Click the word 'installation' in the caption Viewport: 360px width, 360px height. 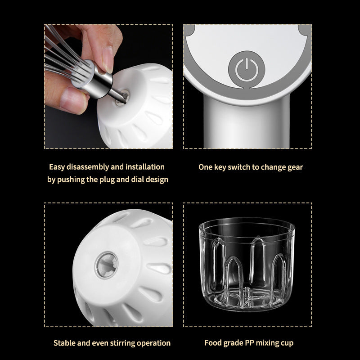[145, 167]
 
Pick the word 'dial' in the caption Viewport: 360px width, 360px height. [141, 180]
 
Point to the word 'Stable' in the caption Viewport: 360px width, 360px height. [65, 343]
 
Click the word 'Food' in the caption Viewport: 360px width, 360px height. [213, 343]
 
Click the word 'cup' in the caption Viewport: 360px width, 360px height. [286, 343]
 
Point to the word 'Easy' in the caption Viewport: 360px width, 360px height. [57, 167]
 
